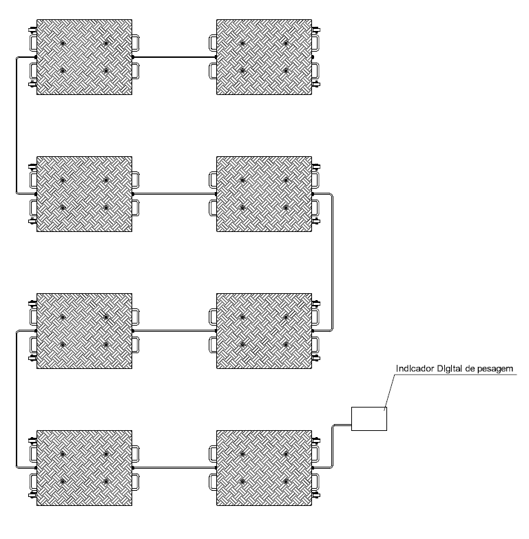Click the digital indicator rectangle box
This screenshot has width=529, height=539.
tap(369, 419)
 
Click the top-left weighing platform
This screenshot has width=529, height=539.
tap(84, 57)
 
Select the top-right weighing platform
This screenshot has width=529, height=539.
tap(264, 57)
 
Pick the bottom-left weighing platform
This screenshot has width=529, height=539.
tap(84, 468)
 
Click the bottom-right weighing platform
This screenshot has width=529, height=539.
tap(264, 468)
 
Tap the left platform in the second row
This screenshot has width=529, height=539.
tap(84, 194)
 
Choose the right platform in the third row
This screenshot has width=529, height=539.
tap(264, 331)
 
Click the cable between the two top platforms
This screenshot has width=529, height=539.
tap(174, 57)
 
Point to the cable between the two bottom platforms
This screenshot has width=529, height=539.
tap(174, 468)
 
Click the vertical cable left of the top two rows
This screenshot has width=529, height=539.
tap(17, 125)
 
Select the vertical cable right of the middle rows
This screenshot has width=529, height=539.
tap(332, 263)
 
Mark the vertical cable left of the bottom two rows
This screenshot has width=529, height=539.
tap(17, 399)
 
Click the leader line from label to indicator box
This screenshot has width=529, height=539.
tap(390, 391)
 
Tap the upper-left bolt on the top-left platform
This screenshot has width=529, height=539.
tap(63, 43)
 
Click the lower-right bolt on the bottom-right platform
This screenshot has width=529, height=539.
tap(286, 482)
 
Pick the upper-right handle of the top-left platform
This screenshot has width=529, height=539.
tap(136, 43)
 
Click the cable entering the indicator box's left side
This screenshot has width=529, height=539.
tap(332, 445)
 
